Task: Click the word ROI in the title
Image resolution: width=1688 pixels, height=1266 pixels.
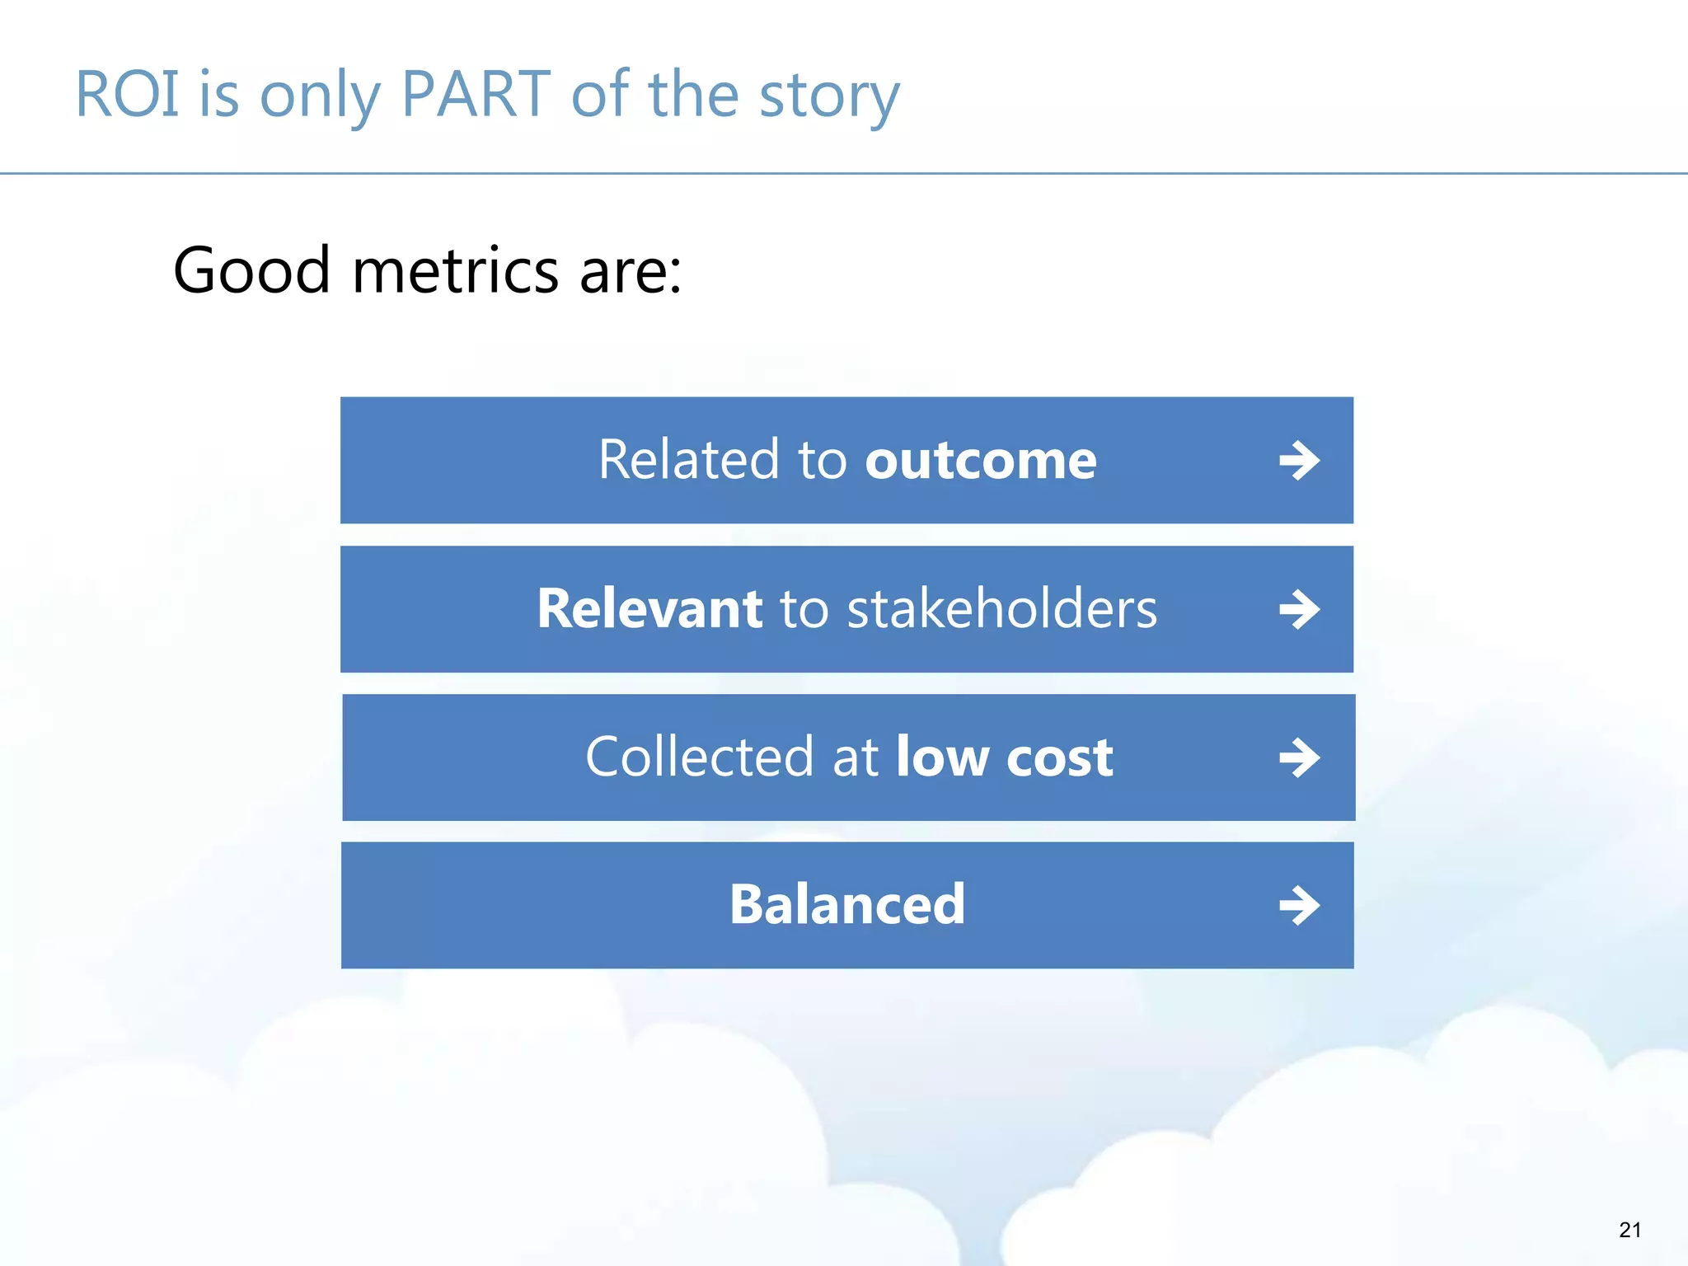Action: click(x=127, y=95)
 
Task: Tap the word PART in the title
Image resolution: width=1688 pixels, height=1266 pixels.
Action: click(x=476, y=95)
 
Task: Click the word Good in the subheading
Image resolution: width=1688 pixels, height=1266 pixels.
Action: click(x=251, y=270)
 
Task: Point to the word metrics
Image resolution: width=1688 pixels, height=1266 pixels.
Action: click(x=455, y=270)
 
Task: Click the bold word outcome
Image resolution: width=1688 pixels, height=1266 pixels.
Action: click(x=980, y=460)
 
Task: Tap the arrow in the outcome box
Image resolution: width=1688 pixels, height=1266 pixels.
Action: click(x=1299, y=461)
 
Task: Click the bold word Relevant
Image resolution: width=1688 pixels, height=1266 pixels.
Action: click(x=649, y=609)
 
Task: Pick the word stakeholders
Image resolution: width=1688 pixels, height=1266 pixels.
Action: click(x=1001, y=609)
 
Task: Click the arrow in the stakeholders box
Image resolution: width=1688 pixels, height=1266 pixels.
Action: click(x=1299, y=610)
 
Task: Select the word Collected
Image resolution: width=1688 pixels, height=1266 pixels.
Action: click(x=699, y=757)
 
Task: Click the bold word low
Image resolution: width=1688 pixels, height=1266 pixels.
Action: click(x=942, y=757)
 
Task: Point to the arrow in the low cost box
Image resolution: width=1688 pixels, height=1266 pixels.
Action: click(x=1299, y=758)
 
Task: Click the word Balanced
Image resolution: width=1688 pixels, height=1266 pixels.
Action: click(x=846, y=905)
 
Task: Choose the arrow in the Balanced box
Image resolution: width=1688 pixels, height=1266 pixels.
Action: click(x=1299, y=906)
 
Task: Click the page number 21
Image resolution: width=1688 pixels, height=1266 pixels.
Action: click(x=1629, y=1230)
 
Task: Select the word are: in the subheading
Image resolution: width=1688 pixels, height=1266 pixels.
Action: click(x=631, y=272)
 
